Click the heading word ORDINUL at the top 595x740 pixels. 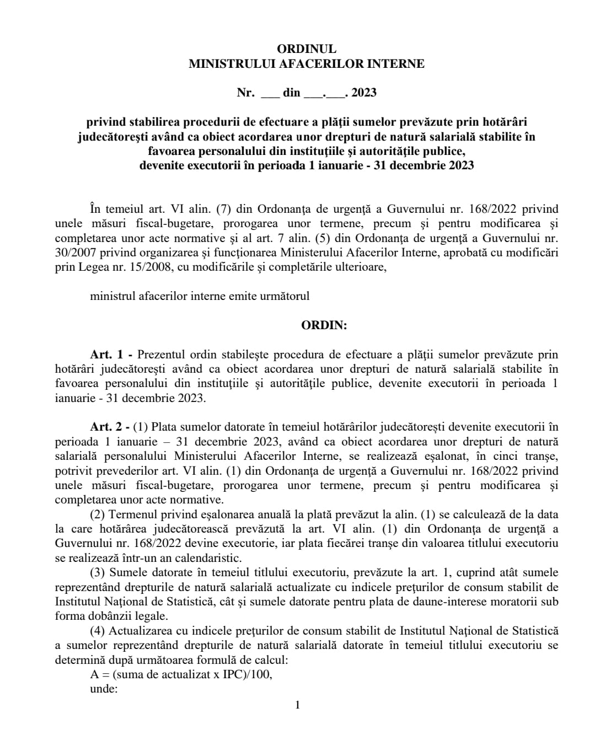coord(307,49)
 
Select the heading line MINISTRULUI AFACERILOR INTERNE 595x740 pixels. coord(307,64)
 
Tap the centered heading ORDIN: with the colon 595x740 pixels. coord(324,325)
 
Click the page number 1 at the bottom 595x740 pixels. coord(298,705)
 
